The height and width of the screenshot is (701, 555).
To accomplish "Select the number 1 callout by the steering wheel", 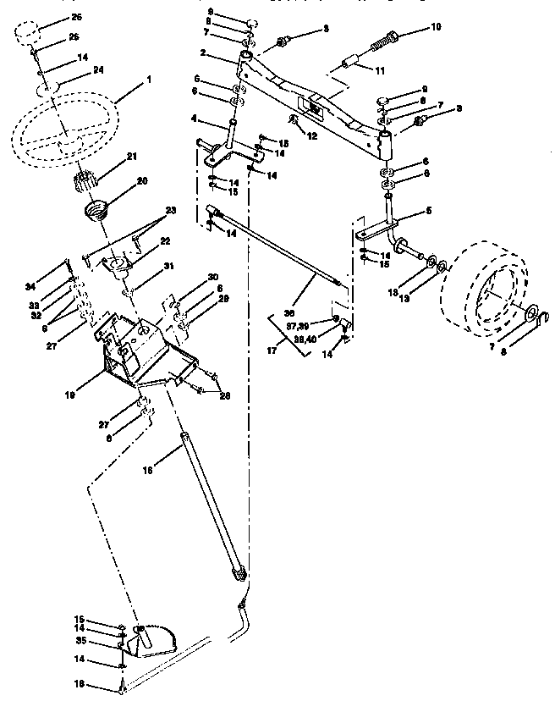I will point(149,79).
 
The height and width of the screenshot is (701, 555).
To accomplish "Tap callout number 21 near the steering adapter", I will point(131,156).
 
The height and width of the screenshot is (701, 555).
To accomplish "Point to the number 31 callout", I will point(168,266).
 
